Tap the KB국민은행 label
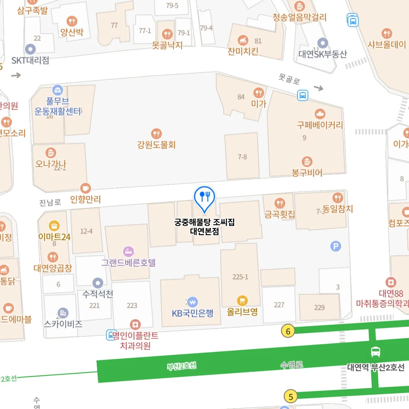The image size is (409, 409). point(193,313)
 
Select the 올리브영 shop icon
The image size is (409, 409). point(242,301)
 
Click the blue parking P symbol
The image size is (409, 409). point(336,246)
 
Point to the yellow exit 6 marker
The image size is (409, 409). point(288,331)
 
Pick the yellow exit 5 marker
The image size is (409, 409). point(290,397)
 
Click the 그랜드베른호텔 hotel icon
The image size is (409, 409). point(128,252)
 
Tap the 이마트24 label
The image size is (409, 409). point(54,237)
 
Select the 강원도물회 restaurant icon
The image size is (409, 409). point(156,134)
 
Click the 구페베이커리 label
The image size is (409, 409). point(320,125)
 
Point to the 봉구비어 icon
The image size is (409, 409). point(307,161)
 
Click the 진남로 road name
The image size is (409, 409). point(50,202)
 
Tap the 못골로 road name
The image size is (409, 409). point(289,79)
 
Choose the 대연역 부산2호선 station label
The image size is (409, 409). point(376,367)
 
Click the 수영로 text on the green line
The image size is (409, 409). point(292,365)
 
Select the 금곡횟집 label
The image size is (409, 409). point(280,214)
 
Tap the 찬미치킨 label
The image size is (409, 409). point(243,51)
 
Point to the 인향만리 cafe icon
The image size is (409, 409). point(85,188)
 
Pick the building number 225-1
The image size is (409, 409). point(240,277)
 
